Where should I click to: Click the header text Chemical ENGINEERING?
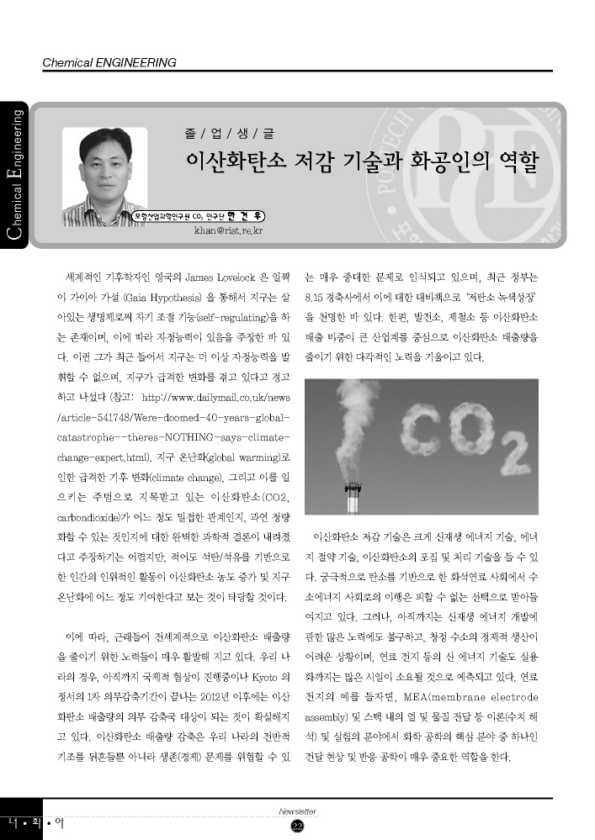[109, 62]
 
